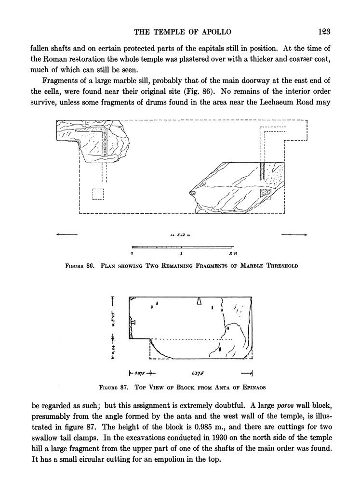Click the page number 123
click(x=324, y=31)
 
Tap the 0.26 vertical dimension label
click(x=113, y=350)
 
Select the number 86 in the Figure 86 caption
click(x=91, y=266)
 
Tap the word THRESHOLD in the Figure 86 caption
click(x=282, y=266)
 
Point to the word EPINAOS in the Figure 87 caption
click(x=254, y=388)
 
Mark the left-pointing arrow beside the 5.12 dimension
click(x=67, y=234)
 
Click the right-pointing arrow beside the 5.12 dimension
click(x=294, y=234)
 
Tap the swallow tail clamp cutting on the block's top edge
click(x=199, y=301)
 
